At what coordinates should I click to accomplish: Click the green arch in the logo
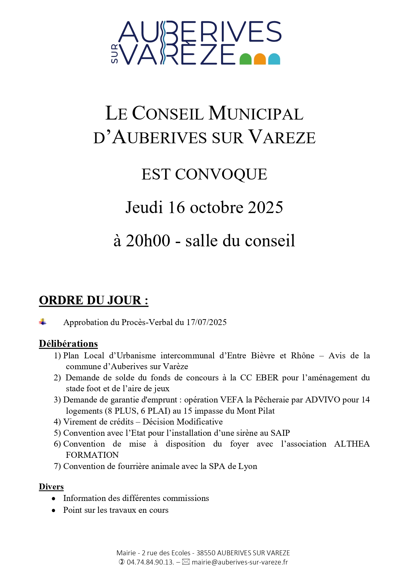click(x=245, y=59)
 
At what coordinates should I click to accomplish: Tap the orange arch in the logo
click(x=260, y=59)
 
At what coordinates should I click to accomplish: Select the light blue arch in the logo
click(x=274, y=59)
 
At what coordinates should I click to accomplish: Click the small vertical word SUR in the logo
click(x=114, y=54)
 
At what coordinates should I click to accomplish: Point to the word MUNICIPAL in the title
click(x=256, y=114)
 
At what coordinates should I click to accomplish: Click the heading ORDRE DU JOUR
click(x=93, y=300)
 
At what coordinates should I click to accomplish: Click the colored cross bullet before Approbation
click(x=43, y=322)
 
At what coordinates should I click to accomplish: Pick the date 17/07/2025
click(x=206, y=322)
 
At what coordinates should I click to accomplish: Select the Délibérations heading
click(x=68, y=344)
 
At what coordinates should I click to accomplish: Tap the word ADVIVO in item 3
click(x=323, y=400)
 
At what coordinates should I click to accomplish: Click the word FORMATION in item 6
click(x=92, y=455)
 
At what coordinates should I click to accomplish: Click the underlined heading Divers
click(x=51, y=487)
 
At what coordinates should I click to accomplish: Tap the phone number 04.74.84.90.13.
click(x=150, y=562)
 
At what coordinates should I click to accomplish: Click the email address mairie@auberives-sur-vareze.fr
click(x=240, y=562)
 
